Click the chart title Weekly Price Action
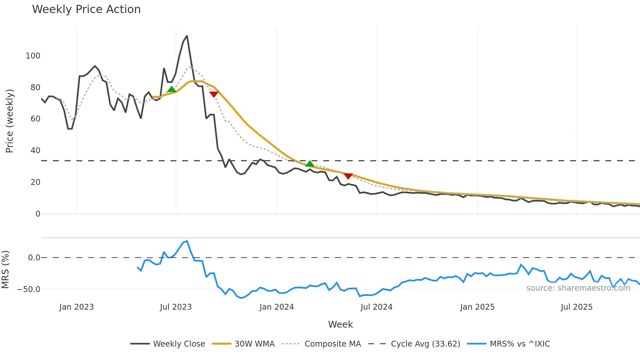tap(86, 9)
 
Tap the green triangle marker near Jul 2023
tap(171, 90)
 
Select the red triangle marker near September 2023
tap(214, 94)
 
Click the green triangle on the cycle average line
tap(310, 164)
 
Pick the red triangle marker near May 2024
tap(348, 176)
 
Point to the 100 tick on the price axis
tap(33, 56)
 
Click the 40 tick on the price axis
tap(35, 151)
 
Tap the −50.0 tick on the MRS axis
tap(29, 289)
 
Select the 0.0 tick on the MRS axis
tap(34, 258)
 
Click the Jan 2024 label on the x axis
tap(277, 307)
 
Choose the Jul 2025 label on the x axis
tap(576, 307)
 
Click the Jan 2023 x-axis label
tap(76, 307)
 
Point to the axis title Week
tap(340, 324)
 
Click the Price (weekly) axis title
tap(9, 121)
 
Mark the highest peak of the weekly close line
tap(187, 36)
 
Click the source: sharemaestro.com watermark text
tap(578, 288)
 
